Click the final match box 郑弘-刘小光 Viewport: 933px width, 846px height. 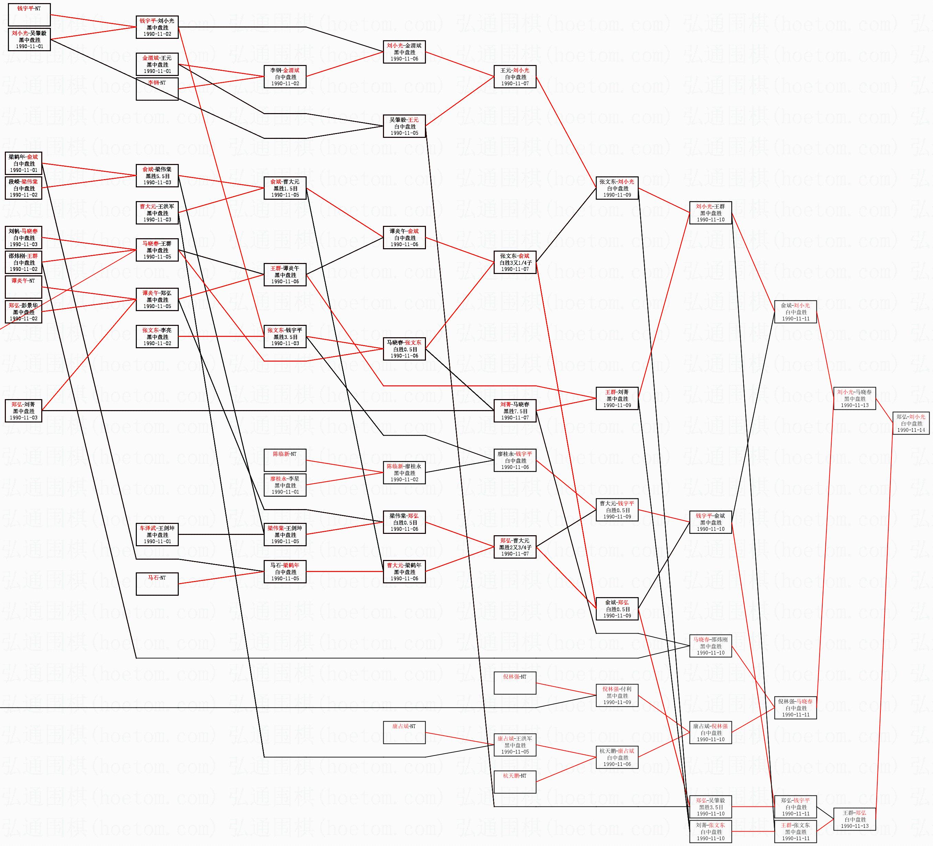(911, 423)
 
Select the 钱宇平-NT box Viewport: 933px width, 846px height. (29, 14)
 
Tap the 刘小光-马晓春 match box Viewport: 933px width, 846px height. (854, 398)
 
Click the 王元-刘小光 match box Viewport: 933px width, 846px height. (515, 77)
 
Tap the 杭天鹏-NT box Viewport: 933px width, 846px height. (515, 782)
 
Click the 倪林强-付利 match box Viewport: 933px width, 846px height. (617, 695)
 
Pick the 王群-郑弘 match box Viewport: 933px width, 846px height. (854, 819)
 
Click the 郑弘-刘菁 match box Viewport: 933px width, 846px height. (24, 410)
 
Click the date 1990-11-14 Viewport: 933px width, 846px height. (911, 430)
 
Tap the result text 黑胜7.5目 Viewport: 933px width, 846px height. (515, 411)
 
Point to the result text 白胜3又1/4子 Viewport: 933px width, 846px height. (515, 262)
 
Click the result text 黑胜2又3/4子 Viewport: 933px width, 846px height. (515, 547)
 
